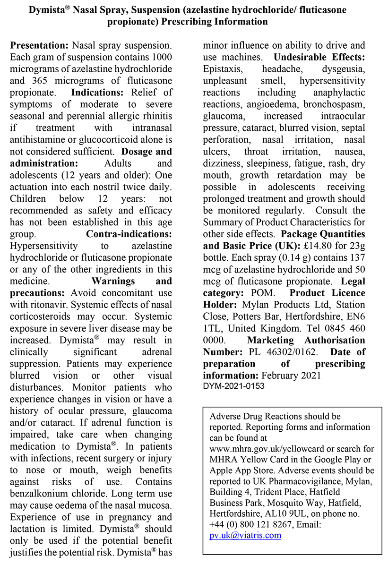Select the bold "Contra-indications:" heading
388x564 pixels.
(129, 234)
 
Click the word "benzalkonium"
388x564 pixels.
(41, 493)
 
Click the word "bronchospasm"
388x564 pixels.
(334, 104)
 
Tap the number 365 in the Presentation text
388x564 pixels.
(40, 81)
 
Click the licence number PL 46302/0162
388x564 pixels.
(282, 352)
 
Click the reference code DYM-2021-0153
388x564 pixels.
(233, 386)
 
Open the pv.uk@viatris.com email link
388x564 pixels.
(245, 535)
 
